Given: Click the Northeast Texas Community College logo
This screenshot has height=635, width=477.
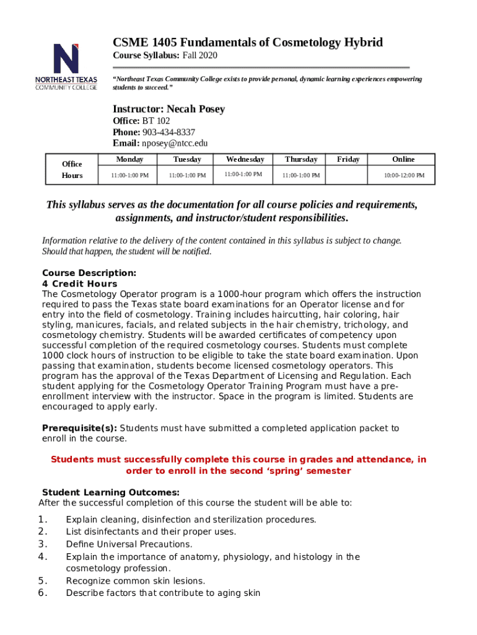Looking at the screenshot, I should tap(66, 67).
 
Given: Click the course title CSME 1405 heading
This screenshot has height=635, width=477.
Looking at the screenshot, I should tap(247, 42).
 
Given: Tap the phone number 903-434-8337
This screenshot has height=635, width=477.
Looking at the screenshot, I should tap(168, 132).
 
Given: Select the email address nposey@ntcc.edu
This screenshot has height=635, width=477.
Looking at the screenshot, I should tap(175, 143).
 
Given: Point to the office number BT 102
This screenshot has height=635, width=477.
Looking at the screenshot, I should tap(155, 121).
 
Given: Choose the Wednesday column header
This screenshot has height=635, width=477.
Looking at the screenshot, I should tap(245, 159).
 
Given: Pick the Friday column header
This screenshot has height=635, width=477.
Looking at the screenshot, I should tap(348, 159).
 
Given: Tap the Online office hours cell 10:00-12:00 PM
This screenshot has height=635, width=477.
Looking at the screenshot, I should tap(403, 175).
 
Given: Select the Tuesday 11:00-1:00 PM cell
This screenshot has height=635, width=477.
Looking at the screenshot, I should tap(187, 175).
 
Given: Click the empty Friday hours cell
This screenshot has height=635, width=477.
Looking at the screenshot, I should tap(348, 175).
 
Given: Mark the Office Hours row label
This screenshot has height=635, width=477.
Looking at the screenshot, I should tap(72, 169).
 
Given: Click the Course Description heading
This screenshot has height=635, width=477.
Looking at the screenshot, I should tap(89, 273).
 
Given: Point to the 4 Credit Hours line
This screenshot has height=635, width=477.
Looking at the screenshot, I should tap(79, 284).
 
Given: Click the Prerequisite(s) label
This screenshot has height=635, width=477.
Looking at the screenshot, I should tap(79, 428).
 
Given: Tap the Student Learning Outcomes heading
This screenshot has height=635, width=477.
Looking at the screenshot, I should tap(110, 492).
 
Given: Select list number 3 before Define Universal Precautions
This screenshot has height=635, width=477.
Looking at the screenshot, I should tap(43, 544).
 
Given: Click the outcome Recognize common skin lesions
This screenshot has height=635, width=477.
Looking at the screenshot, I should tap(135, 581).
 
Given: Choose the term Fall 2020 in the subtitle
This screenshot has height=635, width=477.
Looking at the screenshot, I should tap(199, 56).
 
